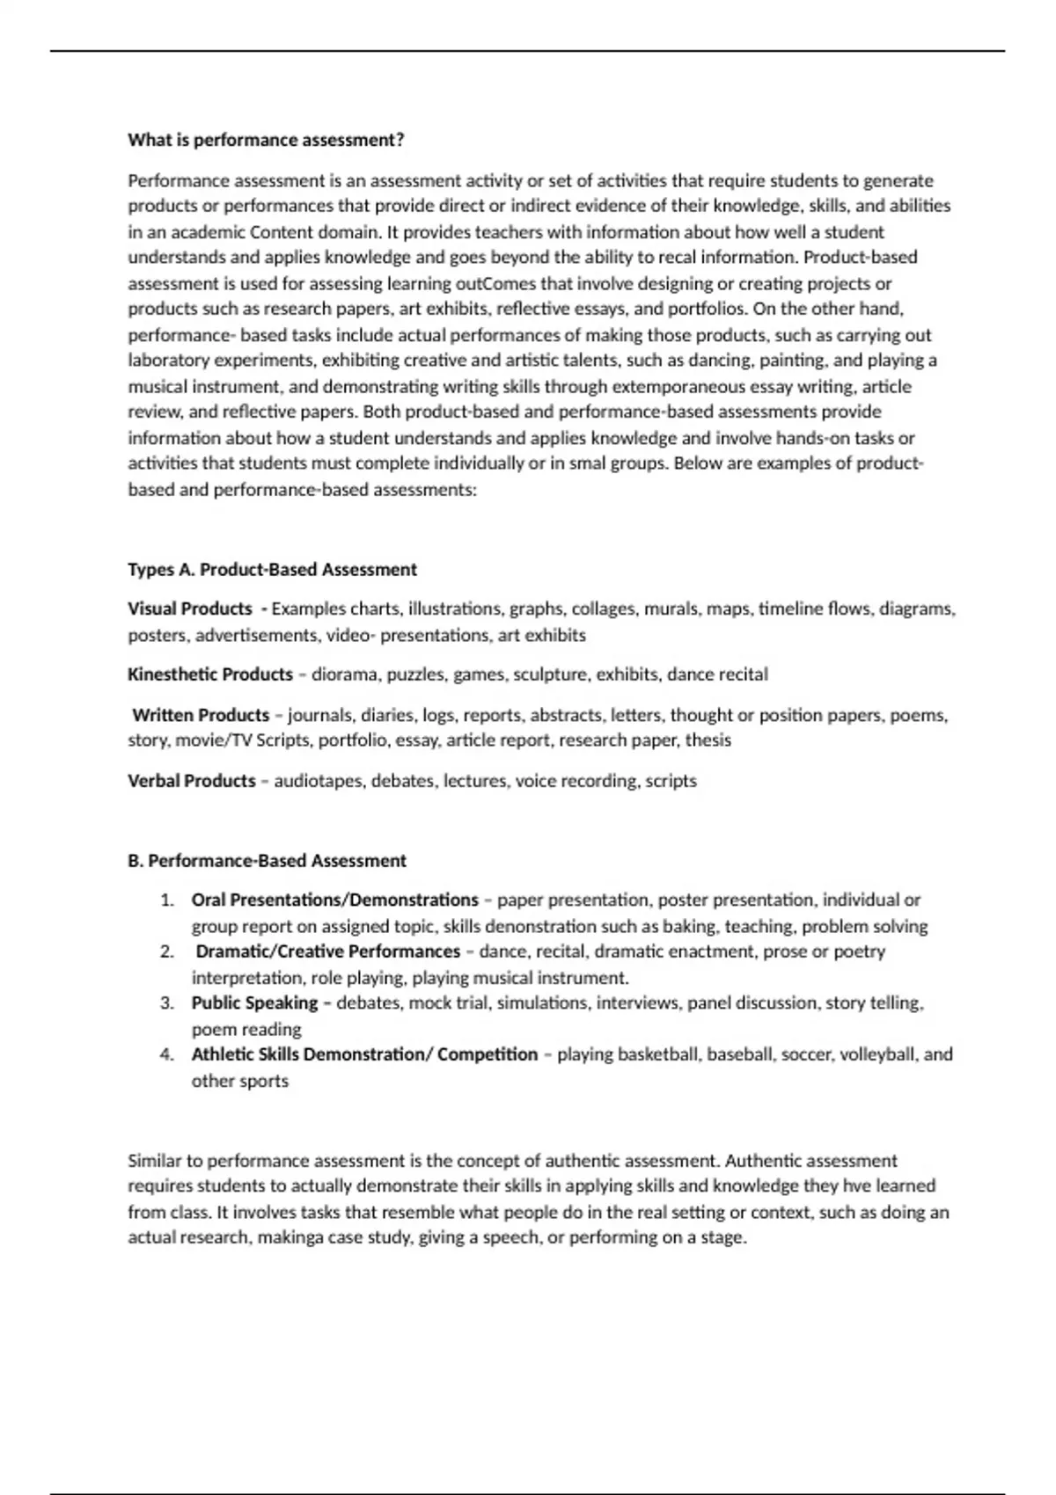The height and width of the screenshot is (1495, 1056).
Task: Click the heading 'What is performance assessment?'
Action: coord(266,140)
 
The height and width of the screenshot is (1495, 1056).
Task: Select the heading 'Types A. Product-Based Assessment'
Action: coord(272,570)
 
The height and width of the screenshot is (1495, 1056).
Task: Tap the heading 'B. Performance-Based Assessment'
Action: coord(267,861)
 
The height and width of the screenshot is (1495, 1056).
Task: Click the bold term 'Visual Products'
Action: coord(189,609)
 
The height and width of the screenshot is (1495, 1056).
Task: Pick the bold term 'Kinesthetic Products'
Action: coord(209,675)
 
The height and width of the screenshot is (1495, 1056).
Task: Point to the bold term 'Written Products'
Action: coord(201,715)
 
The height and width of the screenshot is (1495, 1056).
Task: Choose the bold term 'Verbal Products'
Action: coord(191,781)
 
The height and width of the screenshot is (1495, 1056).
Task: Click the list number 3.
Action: coord(166,1003)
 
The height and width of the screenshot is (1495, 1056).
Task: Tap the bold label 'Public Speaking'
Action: coord(254,1003)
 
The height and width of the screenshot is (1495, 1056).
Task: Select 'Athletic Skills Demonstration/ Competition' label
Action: coord(364,1054)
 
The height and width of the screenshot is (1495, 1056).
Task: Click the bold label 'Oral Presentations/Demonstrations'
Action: coord(334,901)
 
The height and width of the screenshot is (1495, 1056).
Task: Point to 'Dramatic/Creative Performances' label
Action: coord(327,952)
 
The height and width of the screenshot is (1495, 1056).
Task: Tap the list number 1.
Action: coord(166,901)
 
